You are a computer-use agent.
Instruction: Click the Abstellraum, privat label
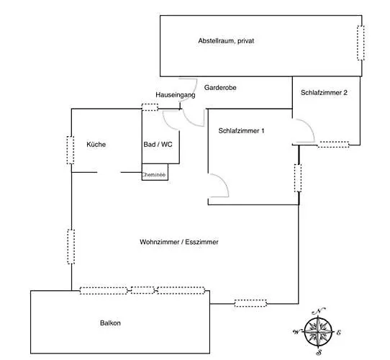coord(226,41)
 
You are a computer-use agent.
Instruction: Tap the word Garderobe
coord(220,88)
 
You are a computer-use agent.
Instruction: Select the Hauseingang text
coord(176,95)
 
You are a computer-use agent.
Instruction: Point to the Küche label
coord(96,145)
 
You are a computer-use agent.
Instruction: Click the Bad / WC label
coord(158,145)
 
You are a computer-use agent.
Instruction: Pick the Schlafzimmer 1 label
coord(241,131)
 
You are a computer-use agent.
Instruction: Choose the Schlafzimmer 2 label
coord(324,93)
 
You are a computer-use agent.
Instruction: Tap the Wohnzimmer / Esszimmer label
coord(179,242)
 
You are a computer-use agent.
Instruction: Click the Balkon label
coord(110,323)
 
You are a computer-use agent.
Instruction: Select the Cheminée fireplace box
coord(155,172)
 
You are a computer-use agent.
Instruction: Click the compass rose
coord(318,332)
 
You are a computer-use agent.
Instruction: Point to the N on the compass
coord(318,311)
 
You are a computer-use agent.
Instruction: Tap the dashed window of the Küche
coord(71,150)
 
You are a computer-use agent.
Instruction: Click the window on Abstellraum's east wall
coord(360,42)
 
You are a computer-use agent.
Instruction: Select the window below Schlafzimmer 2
coord(333,145)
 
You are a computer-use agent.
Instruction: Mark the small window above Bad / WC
coord(150,107)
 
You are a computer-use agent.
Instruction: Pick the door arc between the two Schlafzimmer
coord(309,126)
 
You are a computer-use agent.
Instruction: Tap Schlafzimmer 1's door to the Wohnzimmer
coord(222,180)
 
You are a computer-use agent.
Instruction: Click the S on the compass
coord(319,352)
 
